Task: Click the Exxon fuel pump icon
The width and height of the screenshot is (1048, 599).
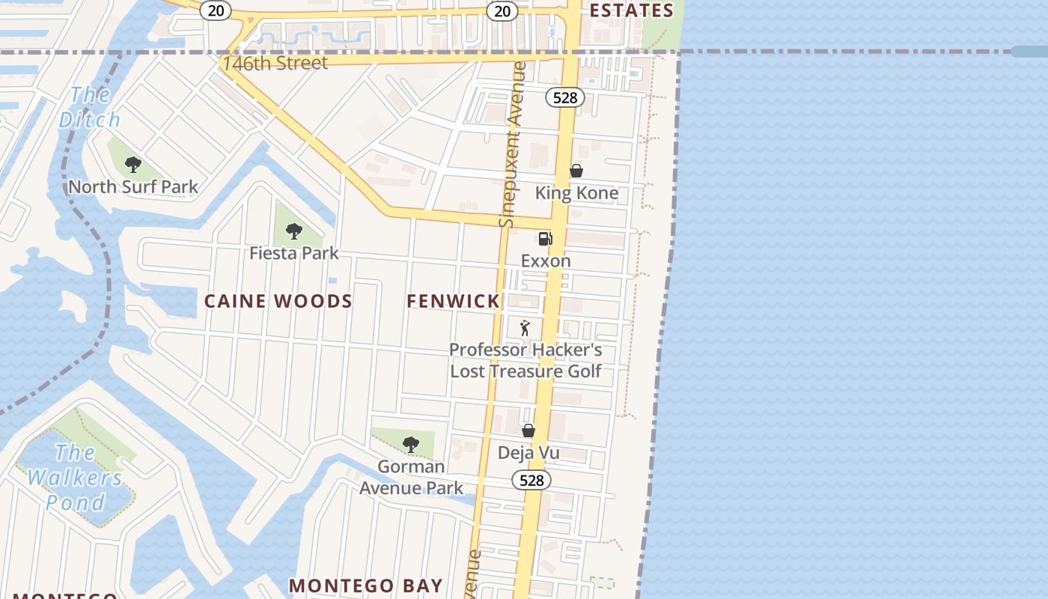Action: (545, 239)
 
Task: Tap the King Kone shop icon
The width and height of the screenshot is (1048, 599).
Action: (576, 171)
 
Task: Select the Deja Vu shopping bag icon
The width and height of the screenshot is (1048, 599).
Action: (528, 431)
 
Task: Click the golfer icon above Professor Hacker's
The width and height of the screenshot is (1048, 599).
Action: (525, 328)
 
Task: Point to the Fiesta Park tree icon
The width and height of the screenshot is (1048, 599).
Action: (294, 231)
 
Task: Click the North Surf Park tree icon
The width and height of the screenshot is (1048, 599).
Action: (133, 165)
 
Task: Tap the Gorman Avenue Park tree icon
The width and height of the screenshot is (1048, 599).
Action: (410, 444)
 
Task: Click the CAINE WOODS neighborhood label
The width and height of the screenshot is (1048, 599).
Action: (278, 301)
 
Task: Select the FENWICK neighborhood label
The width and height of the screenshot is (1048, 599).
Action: (453, 301)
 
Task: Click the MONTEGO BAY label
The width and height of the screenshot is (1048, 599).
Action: (366, 585)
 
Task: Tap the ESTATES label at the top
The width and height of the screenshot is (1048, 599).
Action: (632, 10)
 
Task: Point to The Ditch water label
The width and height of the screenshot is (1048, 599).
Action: (90, 107)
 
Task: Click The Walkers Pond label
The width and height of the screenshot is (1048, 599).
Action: (75, 477)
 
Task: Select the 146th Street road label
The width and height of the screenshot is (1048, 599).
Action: (275, 64)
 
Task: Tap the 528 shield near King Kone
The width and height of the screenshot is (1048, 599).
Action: (564, 97)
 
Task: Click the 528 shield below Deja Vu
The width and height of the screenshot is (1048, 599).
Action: (531, 480)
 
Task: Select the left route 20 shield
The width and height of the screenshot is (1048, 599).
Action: (216, 10)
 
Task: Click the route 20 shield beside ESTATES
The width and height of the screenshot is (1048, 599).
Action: (502, 10)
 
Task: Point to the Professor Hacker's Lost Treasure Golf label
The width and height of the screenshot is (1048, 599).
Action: (525, 360)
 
